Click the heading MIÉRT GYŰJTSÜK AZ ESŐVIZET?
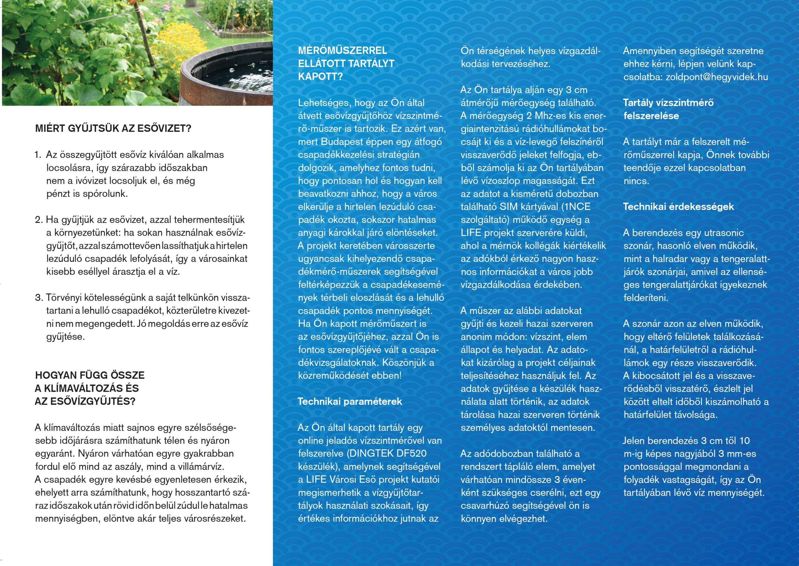(x=113, y=129)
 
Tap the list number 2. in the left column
(x=39, y=220)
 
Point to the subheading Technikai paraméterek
(x=350, y=401)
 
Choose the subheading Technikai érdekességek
(x=679, y=207)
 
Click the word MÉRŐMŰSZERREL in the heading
(x=342, y=51)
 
